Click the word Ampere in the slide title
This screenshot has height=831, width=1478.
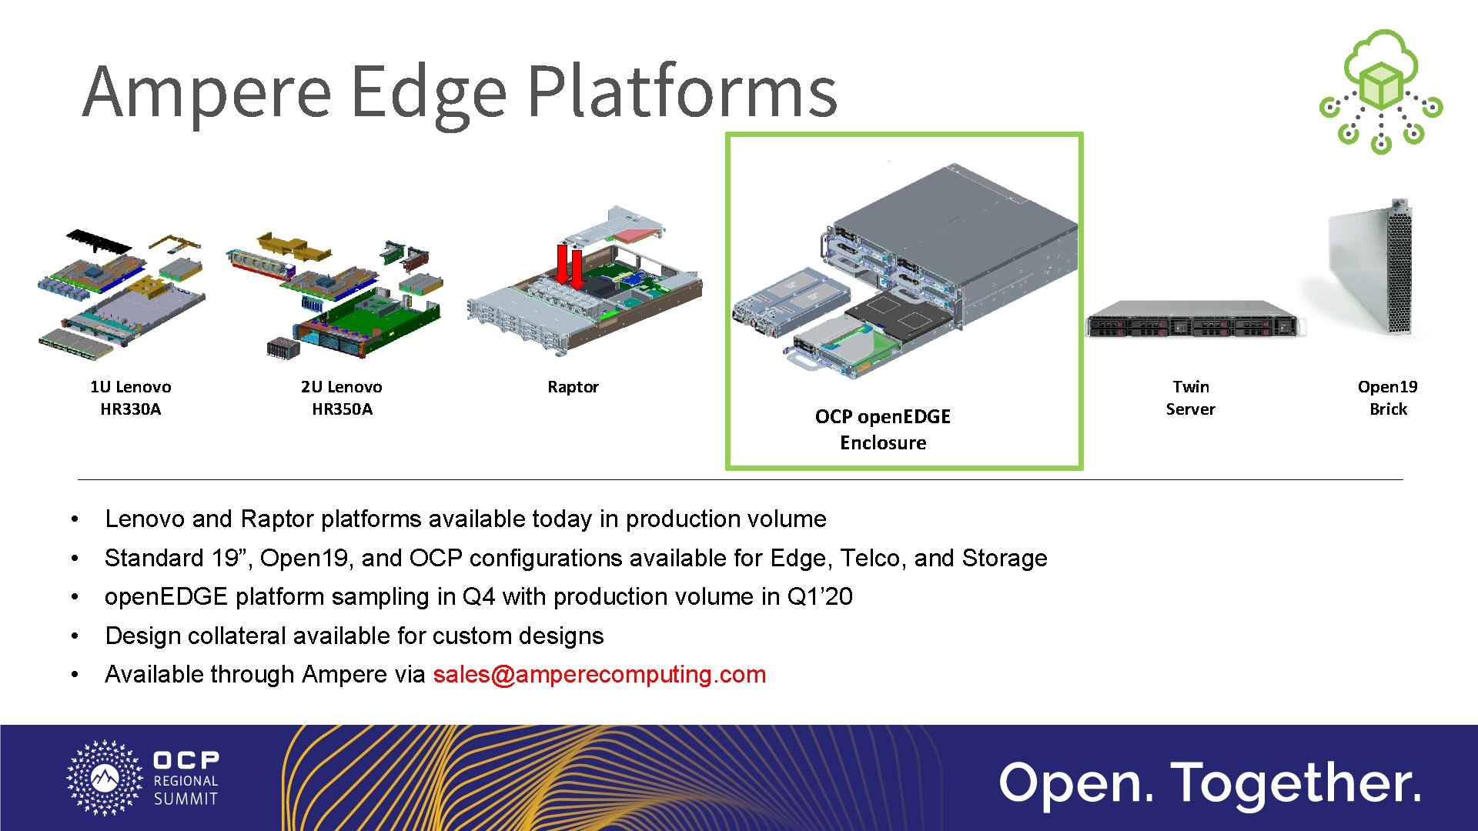point(206,92)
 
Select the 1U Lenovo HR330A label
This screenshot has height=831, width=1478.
point(130,398)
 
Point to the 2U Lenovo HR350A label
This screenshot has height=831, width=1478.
point(342,398)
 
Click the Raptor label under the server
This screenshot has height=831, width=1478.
point(573,387)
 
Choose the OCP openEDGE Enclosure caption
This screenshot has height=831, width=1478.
point(883,429)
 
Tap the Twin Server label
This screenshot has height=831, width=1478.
point(1190,398)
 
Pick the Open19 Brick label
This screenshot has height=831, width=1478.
point(1387,398)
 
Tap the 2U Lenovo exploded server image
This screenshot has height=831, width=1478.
point(339,296)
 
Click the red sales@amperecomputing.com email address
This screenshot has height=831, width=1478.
point(599,675)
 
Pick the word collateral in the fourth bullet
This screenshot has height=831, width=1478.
point(237,636)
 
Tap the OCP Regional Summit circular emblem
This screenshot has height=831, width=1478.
point(105,778)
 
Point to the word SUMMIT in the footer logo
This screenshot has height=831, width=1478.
point(186,799)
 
